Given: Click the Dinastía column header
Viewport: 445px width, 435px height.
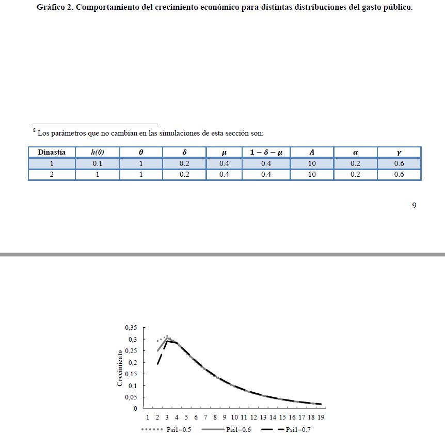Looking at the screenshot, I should pyautogui.click(x=52, y=152).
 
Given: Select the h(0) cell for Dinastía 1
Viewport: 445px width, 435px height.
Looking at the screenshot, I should pyautogui.click(x=97, y=163).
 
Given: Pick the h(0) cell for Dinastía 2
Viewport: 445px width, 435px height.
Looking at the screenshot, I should pyautogui.click(x=97, y=174).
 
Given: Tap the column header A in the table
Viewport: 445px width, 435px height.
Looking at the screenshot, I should pyautogui.click(x=312, y=152).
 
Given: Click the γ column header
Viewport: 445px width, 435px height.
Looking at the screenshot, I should pyautogui.click(x=399, y=152).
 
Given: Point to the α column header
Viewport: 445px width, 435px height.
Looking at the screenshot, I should pyautogui.click(x=355, y=152).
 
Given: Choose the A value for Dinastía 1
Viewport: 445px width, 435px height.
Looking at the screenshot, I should pyautogui.click(x=312, y=163).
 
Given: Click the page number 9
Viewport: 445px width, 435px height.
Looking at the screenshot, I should pyautogui.click(x=414, y=206).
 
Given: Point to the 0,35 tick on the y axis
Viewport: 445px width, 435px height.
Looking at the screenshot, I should pyautogui.click(x=131, y=328).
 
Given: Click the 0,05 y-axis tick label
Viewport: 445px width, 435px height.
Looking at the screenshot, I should pyautogui.click(x=131, y=397).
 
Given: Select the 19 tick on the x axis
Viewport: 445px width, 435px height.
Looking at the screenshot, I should pyautogui.click(x=321, y=417).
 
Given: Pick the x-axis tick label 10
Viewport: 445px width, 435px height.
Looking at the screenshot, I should pyautogui.click(x=234, y=417).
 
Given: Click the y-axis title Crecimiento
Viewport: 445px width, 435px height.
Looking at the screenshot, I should pyautogui.click(x=120, y=367).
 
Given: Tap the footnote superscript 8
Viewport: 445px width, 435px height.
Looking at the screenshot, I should pyautogui.click(x=35, y=131).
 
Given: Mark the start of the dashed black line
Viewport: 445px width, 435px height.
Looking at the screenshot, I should pyautogui.click(x=157, y=364).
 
